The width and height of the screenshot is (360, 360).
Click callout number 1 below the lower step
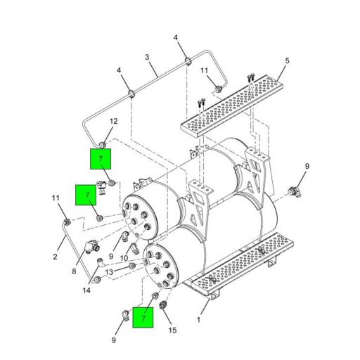coord(198,320)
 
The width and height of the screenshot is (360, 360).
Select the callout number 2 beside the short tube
coord(55,257)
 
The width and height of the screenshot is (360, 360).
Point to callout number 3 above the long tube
coord(147,57)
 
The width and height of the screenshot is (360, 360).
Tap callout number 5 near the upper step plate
coord(287,61)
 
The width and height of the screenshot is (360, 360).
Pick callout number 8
coord(74,271)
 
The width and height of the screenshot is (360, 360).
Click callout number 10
coord(124,258)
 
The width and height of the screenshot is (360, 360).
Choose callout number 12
coord(114,122)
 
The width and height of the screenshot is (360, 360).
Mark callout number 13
coord(109,272)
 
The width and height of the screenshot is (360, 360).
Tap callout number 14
coord(86,290)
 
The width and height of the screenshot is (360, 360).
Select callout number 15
coord(172,330)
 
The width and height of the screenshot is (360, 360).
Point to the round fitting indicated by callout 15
coord(162,306)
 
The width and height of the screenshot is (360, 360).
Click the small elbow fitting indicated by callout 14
coord(101,262)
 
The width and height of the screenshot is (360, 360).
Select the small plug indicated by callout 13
coord(132,266)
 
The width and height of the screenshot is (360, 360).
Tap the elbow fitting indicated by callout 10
coord(134,248)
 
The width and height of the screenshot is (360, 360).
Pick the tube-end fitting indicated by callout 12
coord(103,145)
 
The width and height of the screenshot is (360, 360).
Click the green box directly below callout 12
coord(101,159)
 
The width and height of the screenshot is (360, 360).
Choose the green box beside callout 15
coord(143,317)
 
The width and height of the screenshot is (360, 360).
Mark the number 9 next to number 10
coord(111,256)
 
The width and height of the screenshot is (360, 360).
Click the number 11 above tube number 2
coord(56,198)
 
